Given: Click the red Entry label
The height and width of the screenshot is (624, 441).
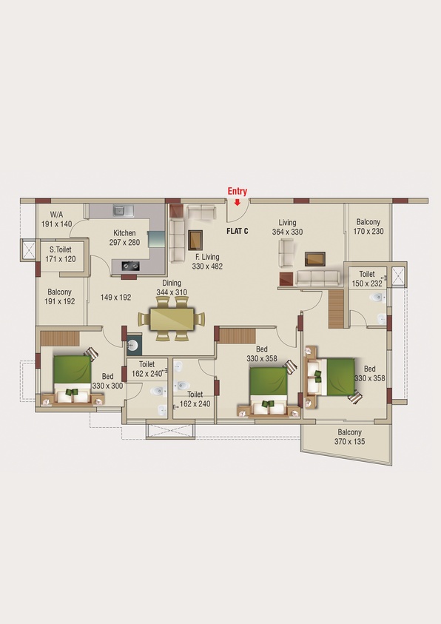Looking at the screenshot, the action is (237, 192).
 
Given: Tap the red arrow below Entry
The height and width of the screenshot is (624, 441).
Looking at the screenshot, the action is (237, 203).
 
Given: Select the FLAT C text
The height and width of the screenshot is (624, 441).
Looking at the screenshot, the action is (238, 231).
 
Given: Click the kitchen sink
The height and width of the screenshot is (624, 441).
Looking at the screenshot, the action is (124, 210).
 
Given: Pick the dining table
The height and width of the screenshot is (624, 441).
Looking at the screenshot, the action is (172, 319).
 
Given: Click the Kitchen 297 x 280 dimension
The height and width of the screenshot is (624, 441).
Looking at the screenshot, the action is (124, 242).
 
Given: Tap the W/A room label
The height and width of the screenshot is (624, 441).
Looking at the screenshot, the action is (56, 215).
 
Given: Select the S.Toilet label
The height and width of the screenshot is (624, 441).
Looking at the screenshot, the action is (61, 249).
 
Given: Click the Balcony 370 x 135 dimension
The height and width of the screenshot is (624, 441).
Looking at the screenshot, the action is (349, 441).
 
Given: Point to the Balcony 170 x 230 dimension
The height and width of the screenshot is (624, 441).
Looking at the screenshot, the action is (368, 231).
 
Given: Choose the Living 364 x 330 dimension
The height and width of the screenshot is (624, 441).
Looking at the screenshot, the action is (287, 232).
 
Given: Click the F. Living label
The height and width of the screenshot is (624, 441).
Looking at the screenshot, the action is (207, 257).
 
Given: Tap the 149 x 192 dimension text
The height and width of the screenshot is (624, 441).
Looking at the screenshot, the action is (115, 298).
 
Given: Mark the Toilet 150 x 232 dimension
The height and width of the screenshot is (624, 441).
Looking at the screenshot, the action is (367, 284).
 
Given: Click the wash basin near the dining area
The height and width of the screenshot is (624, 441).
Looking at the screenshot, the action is (134, 345).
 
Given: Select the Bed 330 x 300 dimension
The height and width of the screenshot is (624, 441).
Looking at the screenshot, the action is (107, 386).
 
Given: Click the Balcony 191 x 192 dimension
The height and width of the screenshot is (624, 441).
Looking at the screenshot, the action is (59, 301).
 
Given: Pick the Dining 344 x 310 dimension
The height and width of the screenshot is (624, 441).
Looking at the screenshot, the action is (172, 292).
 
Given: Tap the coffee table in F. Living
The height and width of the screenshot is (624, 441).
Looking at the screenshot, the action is (195, 240).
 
